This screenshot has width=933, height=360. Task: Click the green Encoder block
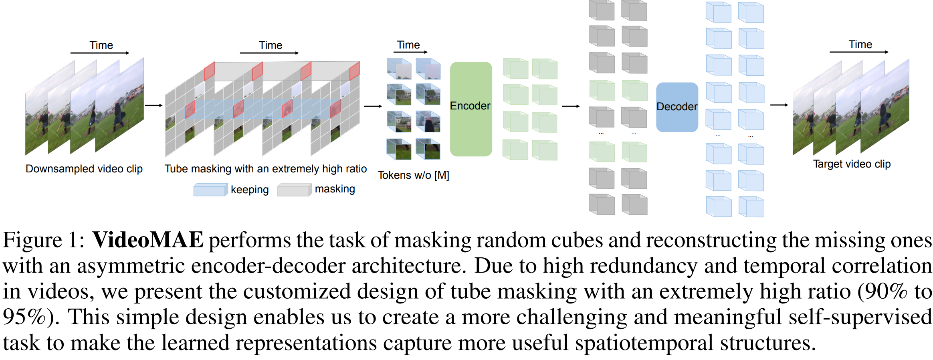(x=471, y=109)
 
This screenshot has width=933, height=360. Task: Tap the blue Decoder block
(x=677, y=107)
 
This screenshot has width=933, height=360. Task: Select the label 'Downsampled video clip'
(x=84, y=169)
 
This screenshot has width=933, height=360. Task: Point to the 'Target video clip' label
(x=852, y=164)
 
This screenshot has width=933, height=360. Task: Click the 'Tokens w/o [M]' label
(x=413, y=175)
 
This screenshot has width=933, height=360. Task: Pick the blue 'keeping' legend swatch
(x=210, y=190)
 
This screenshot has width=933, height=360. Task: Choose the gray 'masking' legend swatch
(x=294, y=190)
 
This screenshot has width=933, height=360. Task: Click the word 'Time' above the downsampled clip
(x=101, y=45)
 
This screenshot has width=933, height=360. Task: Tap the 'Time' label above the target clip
(x=860, y=44)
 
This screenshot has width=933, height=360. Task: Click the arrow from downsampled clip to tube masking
(x=153, y=105)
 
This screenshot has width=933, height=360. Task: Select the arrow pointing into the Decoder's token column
(x=571, y=106)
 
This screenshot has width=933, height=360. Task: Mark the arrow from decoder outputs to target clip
(x=779, y=105)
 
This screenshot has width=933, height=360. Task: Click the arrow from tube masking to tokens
(x=373, y=106)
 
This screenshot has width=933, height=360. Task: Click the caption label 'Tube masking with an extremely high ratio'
(x=265, y=169)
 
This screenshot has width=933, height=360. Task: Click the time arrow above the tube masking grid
(x=269, y=53)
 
